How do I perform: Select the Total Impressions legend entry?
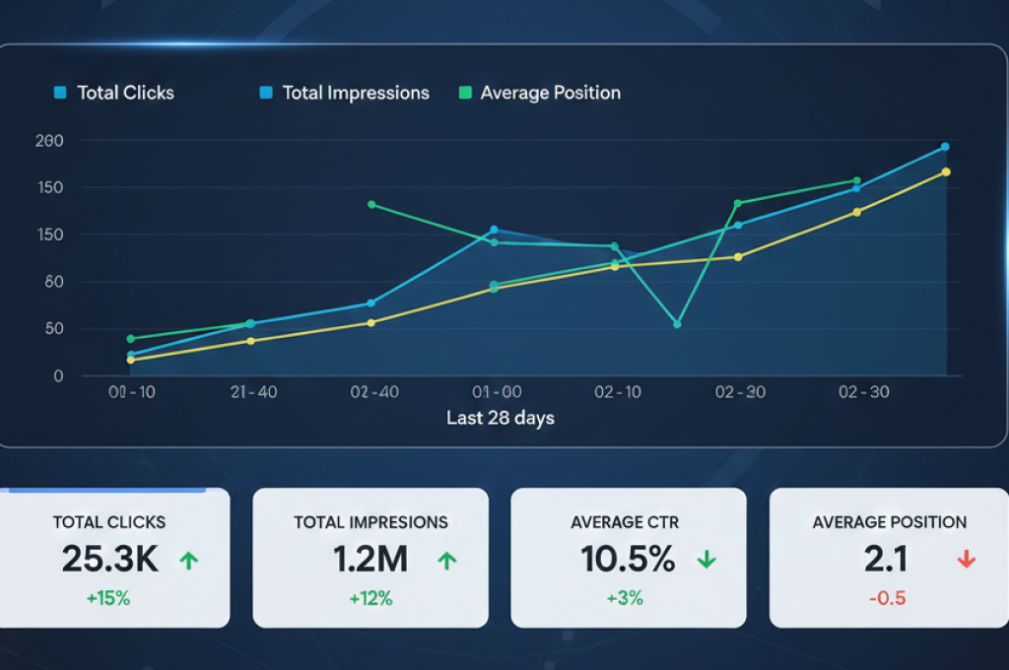click(345, 94)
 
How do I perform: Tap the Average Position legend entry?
click(540, 94)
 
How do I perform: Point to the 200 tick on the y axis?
click(49, 141)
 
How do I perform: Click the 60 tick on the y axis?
click(53, 282)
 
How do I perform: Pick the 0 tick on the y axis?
click(58, 376)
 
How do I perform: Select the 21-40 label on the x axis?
click(253, 392)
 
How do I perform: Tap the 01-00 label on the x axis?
click(498, 392)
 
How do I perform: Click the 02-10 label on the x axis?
click(618, 392)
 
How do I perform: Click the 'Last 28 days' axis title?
click(501, 418)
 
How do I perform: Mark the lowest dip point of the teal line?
click(677, 324)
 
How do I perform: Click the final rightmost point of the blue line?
click(945, 147)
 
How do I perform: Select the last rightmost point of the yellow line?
click(946, 171)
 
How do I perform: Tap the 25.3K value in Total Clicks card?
click(109, 560)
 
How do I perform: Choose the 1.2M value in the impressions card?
click(370, 560)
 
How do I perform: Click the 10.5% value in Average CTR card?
click(628, 560)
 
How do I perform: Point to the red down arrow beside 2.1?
click(966, 560)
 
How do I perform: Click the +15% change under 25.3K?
click(109, 598)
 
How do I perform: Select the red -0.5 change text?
click(888, 598)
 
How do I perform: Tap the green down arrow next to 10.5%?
click(706, 560)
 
